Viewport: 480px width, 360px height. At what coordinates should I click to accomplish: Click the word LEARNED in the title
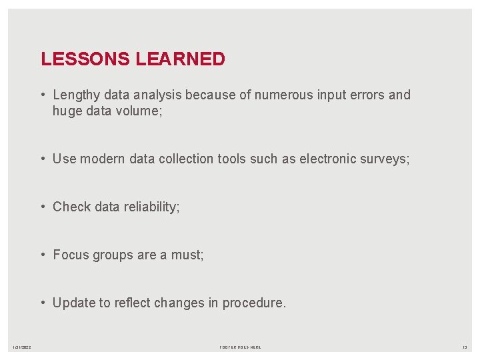(x=181, y=59)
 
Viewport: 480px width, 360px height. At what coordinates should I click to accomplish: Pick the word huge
(x=68, y=111)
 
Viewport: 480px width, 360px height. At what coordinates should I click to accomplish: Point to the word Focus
(x=70, y=255)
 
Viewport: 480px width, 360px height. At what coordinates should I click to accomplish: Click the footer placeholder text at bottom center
(x=240, y=347)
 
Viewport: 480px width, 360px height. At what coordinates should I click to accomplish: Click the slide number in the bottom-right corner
(x=465, y=347)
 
